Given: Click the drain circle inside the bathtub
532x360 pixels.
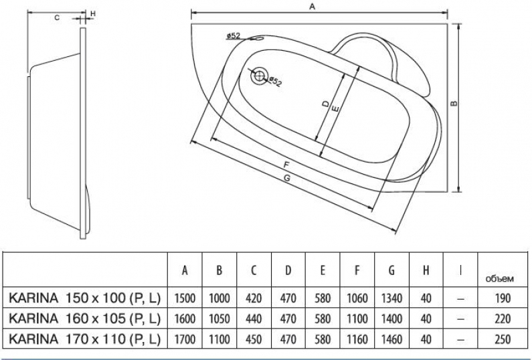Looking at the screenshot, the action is (x=259, y=76).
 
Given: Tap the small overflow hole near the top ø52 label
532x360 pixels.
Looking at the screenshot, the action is (x=258, y=39).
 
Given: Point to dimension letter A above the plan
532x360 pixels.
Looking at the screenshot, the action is (x=313, y=7).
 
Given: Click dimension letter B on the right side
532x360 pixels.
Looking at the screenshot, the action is (x=454, y=104).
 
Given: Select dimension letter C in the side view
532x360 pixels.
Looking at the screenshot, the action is (x=57, y=17).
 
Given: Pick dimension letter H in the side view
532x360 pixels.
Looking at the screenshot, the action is (x=92, y=13).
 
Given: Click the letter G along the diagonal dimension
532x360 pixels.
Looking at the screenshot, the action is (x=287, y=178).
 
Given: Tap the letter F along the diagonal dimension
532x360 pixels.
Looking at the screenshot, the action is (x=286, y=165).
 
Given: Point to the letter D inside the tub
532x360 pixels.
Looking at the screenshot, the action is (x=325, y=104).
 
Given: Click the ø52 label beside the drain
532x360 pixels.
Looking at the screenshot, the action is (x=275, y=82).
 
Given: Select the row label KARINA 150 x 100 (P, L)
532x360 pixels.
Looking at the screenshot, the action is (x=84, y=298).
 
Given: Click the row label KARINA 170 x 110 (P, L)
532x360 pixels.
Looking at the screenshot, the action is (x=84, y=339).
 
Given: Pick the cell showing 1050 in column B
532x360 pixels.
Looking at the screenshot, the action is (x=219, y=319).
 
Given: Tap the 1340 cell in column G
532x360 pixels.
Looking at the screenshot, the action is (x=391, y=298).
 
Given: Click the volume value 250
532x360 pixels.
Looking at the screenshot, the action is (x=503, y=339).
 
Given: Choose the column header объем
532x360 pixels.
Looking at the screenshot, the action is (x=499, y=279).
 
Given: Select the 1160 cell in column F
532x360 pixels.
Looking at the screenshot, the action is (x=357, y=339).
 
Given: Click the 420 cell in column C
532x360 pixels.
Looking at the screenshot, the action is (x=254, y=298).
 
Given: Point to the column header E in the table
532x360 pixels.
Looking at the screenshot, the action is (x=323, y=270).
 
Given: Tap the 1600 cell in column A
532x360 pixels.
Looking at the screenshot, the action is (x=185, y=319).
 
